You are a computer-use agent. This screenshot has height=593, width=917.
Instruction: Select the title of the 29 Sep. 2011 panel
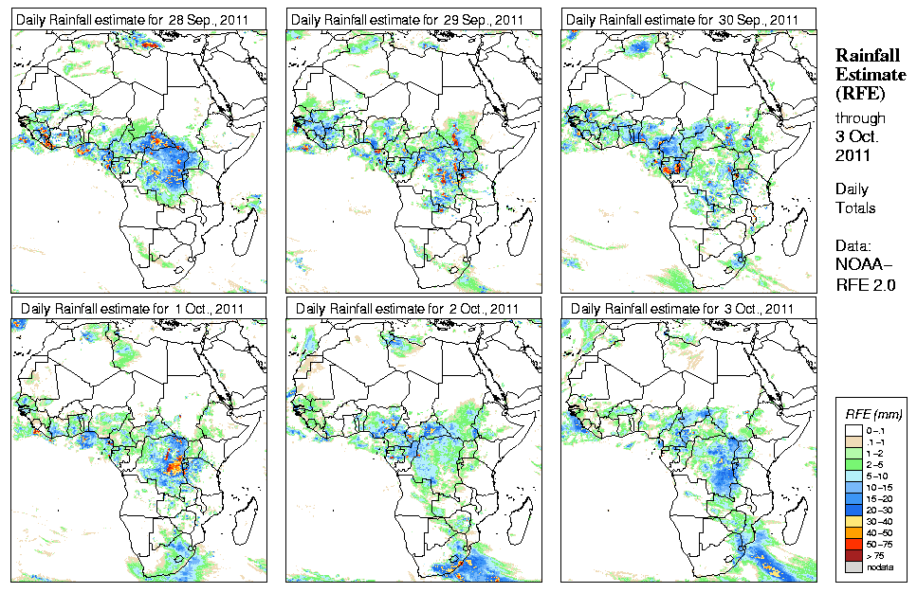(x=408, y=19)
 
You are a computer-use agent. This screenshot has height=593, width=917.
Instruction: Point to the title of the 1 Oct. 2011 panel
(x=133, y=308)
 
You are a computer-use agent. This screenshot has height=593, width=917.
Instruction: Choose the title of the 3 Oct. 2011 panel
(x=683, y=308)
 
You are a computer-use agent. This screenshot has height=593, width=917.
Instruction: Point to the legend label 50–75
(x=880, y=544)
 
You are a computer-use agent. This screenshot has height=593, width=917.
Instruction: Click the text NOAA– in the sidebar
(x=865, y=265)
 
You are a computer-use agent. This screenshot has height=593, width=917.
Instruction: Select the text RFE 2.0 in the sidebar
(x=866, y=283)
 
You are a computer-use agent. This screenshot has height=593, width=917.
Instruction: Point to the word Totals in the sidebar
(x=855, y=207)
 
